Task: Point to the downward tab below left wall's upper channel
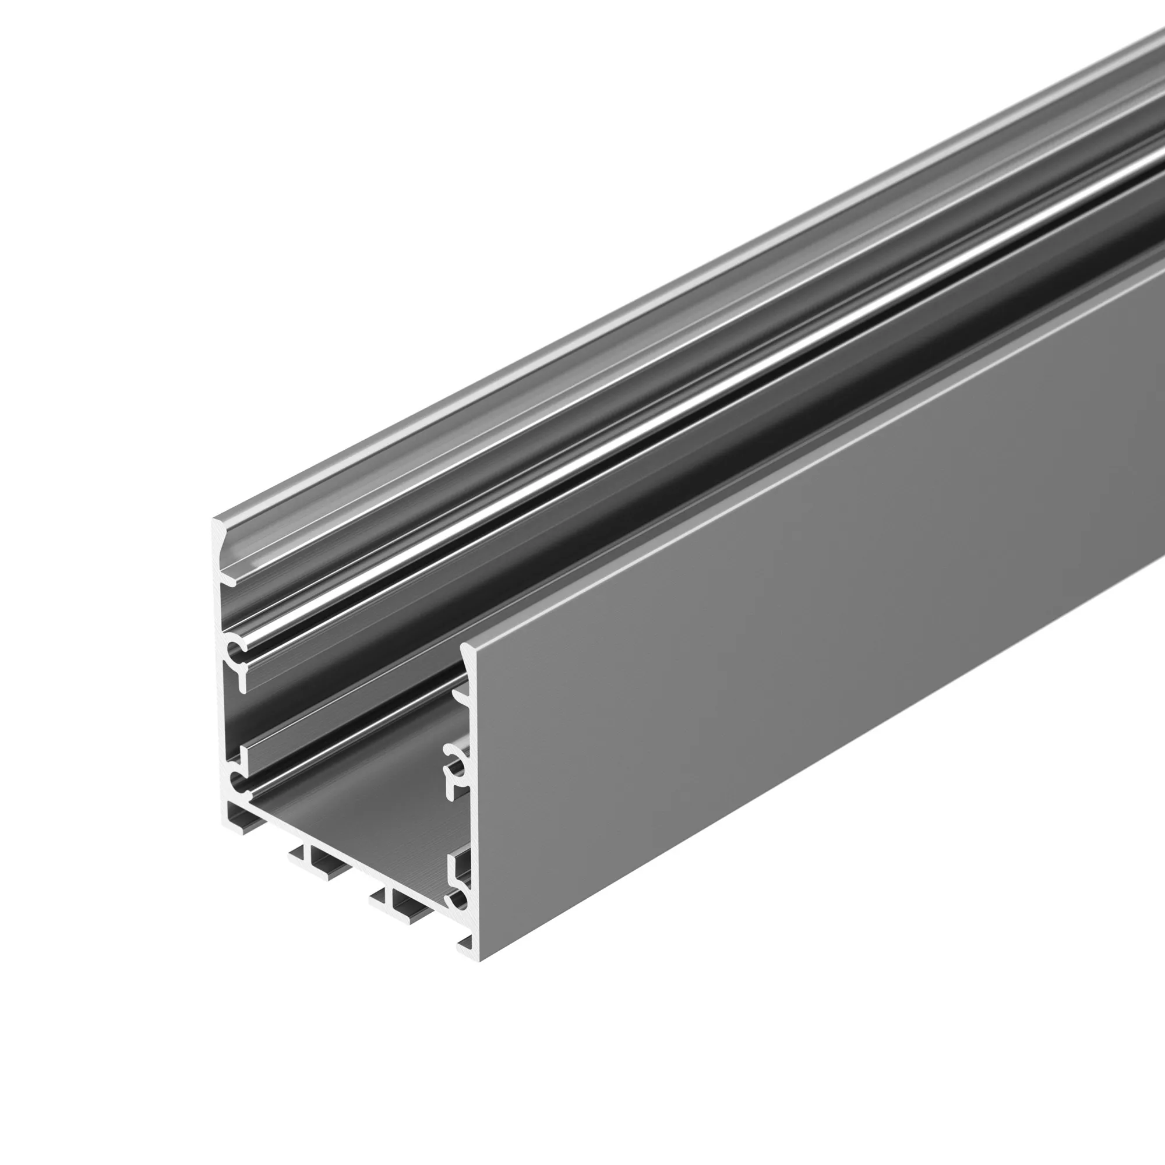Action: pyautogui.click(x=242, y=680)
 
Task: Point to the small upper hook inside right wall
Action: pyautogui.click(x=461, y=700)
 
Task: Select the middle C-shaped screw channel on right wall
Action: pyautogui.click(x=455, y=756)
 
